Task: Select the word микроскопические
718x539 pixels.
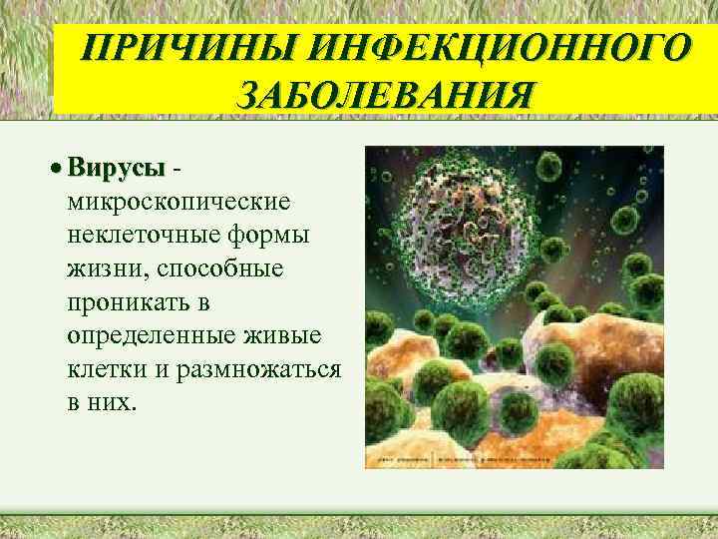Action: point(179,203)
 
